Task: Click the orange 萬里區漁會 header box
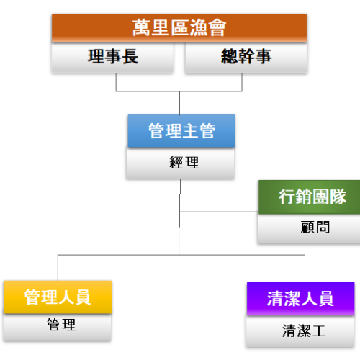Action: pyautogui.click(x=179, y=27)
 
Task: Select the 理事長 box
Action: pyautogui.click(x=112, y=58)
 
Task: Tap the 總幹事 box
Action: pyautogui.click(x=246, y=58)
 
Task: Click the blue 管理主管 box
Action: pyautogui.click(x=181, y=131)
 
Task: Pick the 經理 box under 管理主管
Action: pyautogui.click(x=181, y=163)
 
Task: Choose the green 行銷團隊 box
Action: pyautogui.click(x=308, y=196)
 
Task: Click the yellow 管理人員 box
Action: pyautogui.click(x=58, y=297)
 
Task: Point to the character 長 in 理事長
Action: pyautogui.click(x=130, y=58)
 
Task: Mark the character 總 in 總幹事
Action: pyautogui.click(x=229, y=58)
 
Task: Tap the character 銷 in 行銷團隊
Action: pyautogui.click(x=300, y=196)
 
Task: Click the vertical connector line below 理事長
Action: pyautogui.click(x=117, y=83)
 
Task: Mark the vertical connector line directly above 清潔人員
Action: pyautogui.click(x=305, y=268)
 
